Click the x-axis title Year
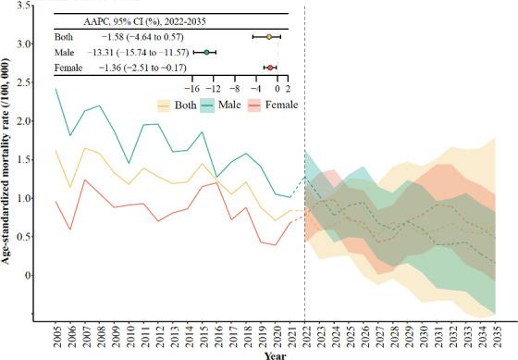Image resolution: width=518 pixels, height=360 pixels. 274,354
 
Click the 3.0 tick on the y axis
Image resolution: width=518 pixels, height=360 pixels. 33,43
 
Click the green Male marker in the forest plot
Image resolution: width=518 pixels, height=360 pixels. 207,53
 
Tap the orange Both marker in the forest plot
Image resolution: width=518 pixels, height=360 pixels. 268,37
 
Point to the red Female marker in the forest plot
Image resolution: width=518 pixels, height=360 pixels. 269,68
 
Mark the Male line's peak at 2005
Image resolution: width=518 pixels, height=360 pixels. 56,89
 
